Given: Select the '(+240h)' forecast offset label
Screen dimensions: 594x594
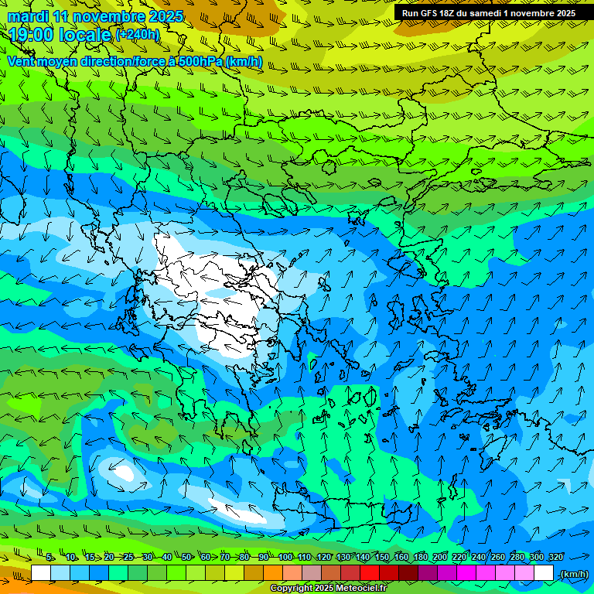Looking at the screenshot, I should pos(138,35).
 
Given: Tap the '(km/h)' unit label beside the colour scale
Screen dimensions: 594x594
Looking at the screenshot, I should pos(573,573).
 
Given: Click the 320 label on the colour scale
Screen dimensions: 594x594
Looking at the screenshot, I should pos(555,557).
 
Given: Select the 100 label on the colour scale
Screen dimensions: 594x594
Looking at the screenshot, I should pos(285,557).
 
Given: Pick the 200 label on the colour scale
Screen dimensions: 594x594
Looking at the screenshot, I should pos(440,557).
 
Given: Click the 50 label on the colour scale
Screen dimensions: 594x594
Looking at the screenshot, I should pos(186,557).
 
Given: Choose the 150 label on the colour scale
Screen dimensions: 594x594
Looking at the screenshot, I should pos(382,557).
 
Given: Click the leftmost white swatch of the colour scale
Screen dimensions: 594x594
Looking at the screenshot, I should pos(41,573).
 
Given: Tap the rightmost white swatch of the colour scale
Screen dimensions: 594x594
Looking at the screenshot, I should pos(544,573).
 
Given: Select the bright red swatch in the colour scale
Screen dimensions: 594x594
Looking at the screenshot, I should pos(370,573).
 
